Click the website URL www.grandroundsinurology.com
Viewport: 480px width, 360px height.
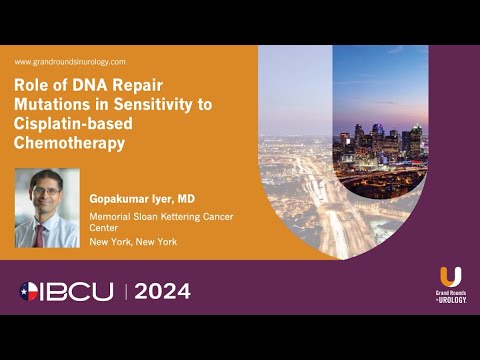(69, 61)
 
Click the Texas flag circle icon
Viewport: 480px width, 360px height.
(31, 292)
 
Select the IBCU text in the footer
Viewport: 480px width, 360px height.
(80, 292)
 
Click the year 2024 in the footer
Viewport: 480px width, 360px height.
(161, 292)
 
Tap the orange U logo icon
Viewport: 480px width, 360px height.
(450, 276)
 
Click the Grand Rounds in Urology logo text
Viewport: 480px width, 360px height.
(450, 298)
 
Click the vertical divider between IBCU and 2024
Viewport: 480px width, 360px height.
(127, 292)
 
